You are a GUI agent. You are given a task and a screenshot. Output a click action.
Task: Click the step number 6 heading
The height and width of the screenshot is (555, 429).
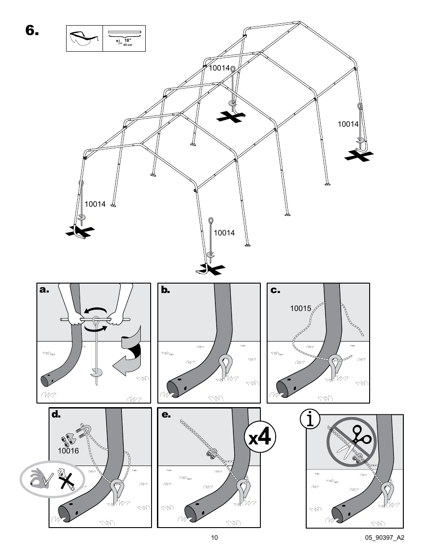(x=32, y=31)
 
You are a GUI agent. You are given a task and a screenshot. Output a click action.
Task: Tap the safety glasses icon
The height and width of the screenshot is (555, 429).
(x=84, y=39)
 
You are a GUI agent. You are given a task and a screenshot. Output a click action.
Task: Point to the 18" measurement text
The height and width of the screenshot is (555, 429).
(x=128, y=40)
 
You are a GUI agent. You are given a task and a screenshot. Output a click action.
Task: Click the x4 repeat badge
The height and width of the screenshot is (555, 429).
(x=260, y=436)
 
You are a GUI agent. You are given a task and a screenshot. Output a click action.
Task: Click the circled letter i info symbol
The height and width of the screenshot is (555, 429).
(x=310, y=419)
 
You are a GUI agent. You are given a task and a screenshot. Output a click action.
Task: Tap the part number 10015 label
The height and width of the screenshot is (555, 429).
(x=300, y=309)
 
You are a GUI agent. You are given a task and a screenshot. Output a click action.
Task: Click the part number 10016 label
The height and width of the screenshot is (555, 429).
(x=68, y=451)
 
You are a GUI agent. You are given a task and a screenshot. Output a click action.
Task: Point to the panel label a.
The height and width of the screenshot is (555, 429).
(x=44, y=289)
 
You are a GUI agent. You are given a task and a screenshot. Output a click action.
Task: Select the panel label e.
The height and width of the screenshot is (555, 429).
(x=166, y=414)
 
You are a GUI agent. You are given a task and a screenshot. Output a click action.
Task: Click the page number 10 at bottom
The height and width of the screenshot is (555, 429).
(x=214, y=537)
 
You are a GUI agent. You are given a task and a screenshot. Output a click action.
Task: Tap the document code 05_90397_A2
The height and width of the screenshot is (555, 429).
(x=384, y=537)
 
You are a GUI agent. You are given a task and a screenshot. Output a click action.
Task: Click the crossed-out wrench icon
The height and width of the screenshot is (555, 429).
(x=66, y=479)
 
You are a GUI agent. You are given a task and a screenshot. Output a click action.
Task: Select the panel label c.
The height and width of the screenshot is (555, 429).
(x=275, y=290)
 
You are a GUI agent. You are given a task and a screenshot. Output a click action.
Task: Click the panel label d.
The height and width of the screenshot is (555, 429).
(x=56, y=414)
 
